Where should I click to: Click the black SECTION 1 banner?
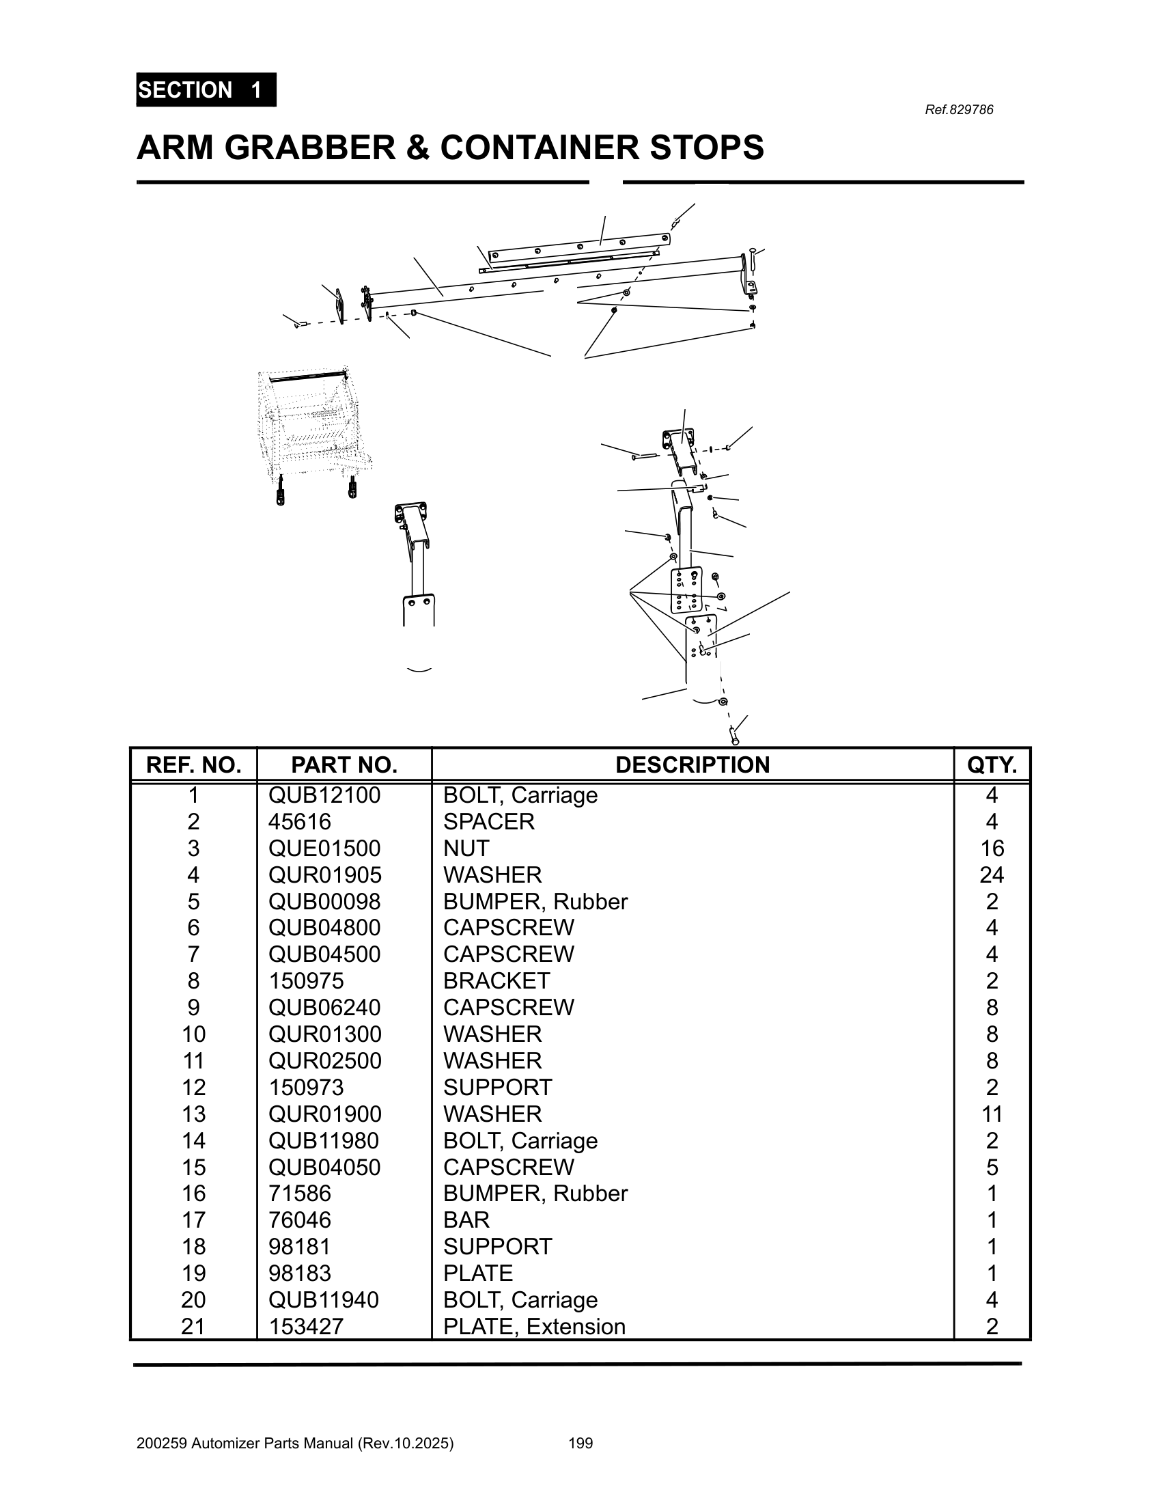[206, 89]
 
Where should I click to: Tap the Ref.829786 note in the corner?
[958, 110]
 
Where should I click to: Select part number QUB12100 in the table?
[324, 795]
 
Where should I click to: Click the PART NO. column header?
[344, 764]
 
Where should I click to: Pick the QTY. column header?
[991, 764]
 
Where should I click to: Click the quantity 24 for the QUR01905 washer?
[991, 874]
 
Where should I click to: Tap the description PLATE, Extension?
[534, 1326]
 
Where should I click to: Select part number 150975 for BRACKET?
[305, 980]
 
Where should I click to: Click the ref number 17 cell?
[193, 1219]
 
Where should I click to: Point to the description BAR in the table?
[466, 1219]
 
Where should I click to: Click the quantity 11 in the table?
[991, 1114]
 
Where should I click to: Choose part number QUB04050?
[324, 1167]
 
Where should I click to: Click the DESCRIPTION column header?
[692, 764]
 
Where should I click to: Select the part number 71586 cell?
[299, 1194]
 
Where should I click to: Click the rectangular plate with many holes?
[686, 590]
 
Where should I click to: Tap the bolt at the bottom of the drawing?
[734, 738]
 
